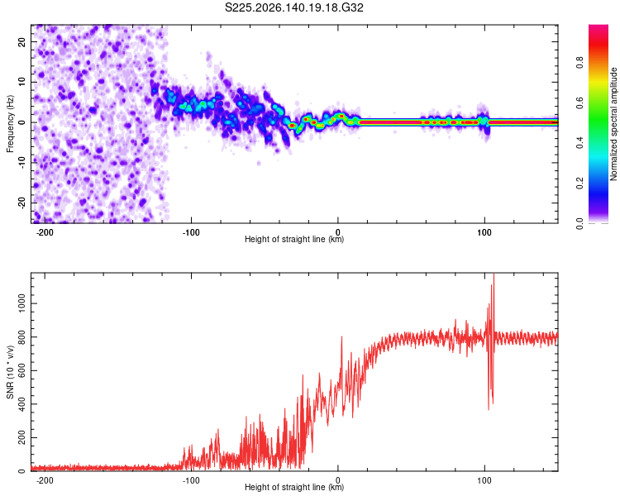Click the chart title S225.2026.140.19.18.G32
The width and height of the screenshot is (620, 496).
coord(293,7)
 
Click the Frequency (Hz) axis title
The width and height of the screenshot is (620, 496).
coord(10,124)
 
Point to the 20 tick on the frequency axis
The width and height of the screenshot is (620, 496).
coord(21,41)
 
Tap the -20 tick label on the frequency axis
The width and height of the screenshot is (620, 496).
coord(21,203)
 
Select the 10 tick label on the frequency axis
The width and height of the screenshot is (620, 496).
coord(21,82)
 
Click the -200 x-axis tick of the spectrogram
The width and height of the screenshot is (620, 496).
coord(45,232)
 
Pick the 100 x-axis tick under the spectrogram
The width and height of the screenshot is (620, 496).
coord(484,232)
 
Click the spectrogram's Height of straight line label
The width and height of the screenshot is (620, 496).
coord(294,239)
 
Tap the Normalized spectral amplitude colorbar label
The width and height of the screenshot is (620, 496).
coord(613,124)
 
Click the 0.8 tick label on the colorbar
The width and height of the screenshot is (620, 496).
coord(579,63)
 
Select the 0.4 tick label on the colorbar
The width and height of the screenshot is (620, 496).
coord(579,143)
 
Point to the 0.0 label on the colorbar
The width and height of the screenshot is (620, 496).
coord(579,223)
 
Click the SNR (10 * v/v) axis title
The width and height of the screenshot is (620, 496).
coord(10,372)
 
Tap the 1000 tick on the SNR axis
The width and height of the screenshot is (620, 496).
coord(21,303)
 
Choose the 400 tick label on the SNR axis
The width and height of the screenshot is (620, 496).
coord(21,404)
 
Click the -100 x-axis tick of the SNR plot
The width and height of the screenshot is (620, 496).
coord(191,480)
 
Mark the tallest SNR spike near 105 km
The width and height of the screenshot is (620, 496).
coord(494,274)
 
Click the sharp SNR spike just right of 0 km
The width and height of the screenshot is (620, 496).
coord(341,337)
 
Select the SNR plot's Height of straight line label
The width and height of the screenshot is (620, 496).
coord(294,487)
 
